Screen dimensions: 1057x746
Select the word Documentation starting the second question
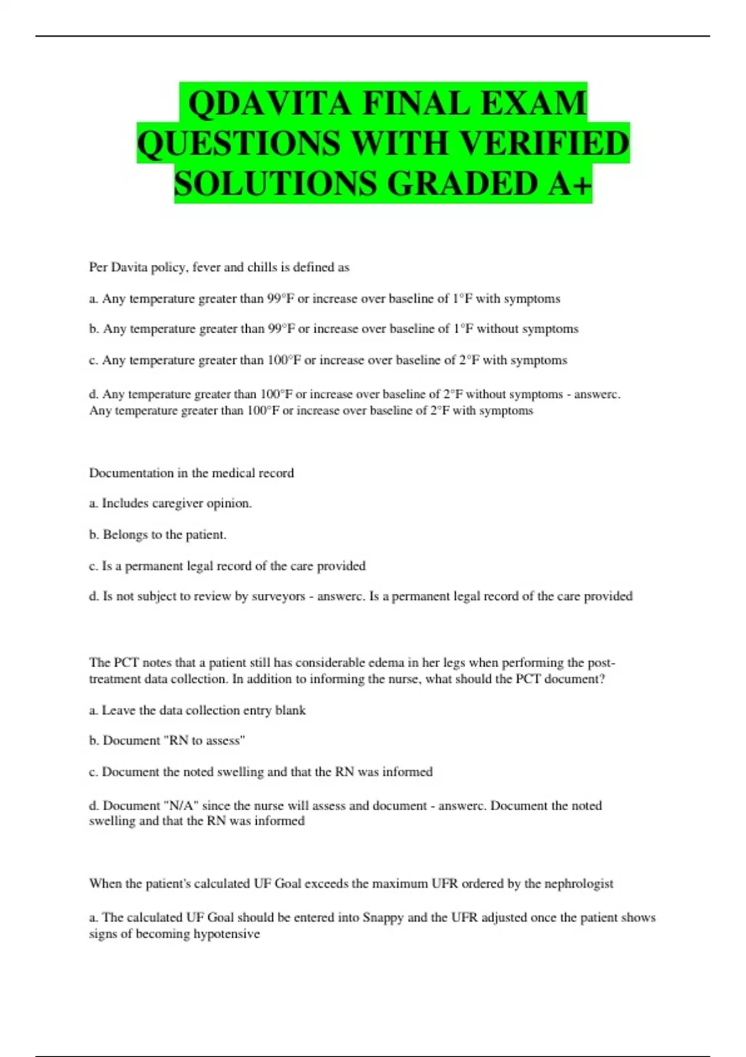pos(131,473)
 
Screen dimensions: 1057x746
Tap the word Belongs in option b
pos(125,535)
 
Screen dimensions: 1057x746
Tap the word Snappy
pos(383,918)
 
